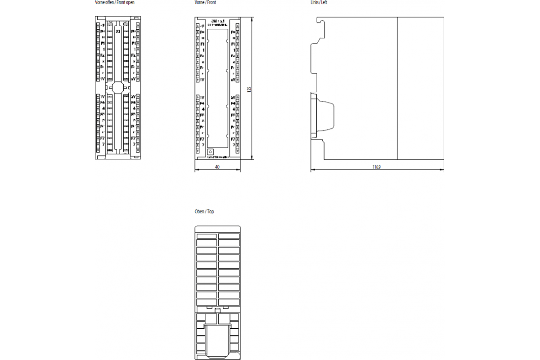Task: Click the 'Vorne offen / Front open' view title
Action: pyautogui.click(x=115, y=3)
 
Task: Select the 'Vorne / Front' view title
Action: pyautogui.click(x=206, y=3)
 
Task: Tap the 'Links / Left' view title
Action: pyautogui.click(x=319, y=3)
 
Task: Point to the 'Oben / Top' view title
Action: pyautogui.click(x=204, y=211)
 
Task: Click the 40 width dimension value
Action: pyautogui.click(x=217, y=167)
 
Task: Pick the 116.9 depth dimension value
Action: pyautogui.click(x=377, y=167)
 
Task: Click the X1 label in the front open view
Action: pyautogui.click(x=118, y=31)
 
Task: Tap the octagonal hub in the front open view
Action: pyautogui.click(x=118, y=87)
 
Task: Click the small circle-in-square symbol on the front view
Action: pyautogui.click(x=210, y=153)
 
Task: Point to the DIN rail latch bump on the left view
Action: pyautogui.click(x=326, y=116)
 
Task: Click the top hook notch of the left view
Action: pyautogui.click(x=320, y=20)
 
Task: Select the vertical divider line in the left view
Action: pyautogui.click(x=397, y=88)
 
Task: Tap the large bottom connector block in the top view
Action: pyautogui.click(x=218, y=340)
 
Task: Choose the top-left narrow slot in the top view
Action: pyautogui.click(x=207, y=236)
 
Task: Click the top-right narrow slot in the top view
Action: pyautogui.click(x=229, y=236)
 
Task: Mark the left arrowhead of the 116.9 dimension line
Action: pyautogui.click(x=312, y=170)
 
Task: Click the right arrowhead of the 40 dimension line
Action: pyautogui.click(x=239, y=170)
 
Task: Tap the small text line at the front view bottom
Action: pyautogui.click(x=218, y=157)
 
